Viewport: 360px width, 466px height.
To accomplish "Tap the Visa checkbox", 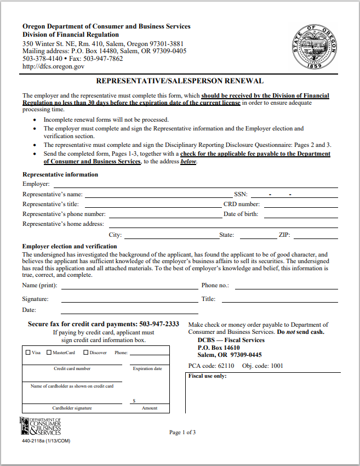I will coord(28,353).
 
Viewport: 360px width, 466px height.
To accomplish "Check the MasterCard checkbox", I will coord(49,353).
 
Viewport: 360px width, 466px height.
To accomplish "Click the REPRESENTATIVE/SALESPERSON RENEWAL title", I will coord(180,81).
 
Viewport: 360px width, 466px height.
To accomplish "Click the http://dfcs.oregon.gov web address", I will coord(53,66).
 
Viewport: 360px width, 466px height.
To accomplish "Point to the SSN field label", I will coord(241,194).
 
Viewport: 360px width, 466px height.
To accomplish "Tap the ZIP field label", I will coord(284,235).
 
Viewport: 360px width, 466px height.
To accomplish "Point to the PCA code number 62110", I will coord(225,366).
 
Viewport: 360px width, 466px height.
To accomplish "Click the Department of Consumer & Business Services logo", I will coord(41,426).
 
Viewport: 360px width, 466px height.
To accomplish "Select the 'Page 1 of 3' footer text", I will coord(182,433).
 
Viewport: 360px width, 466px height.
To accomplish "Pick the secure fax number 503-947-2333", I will coord(159,324).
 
